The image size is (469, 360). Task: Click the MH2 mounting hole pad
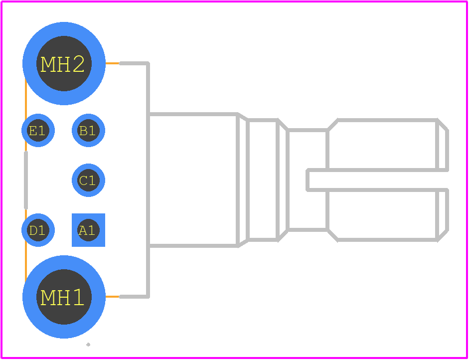point(64,63)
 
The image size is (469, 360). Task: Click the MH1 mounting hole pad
point(64,297)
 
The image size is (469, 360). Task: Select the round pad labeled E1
point(38,131)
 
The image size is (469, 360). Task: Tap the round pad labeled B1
point(88,131)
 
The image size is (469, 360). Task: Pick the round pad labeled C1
point(88,180)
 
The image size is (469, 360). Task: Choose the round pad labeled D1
point(38,230)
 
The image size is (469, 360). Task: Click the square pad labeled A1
point(88,230)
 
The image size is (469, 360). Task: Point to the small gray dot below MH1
point(88,345)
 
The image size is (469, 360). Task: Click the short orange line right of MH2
point(113,63)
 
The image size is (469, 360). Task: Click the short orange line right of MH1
point(113,297)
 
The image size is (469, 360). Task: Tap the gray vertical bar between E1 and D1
point(26,180)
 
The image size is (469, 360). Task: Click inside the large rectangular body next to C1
point(193,180)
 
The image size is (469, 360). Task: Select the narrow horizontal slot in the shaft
point(377,180)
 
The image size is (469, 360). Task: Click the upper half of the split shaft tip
point(388,145)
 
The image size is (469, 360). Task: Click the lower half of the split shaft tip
point(388,215)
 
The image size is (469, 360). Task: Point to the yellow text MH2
point(62,64)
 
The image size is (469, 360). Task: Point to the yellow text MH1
point(62,298)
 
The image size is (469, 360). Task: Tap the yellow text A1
point(87,230)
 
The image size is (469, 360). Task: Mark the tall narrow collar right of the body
point(263,180)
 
